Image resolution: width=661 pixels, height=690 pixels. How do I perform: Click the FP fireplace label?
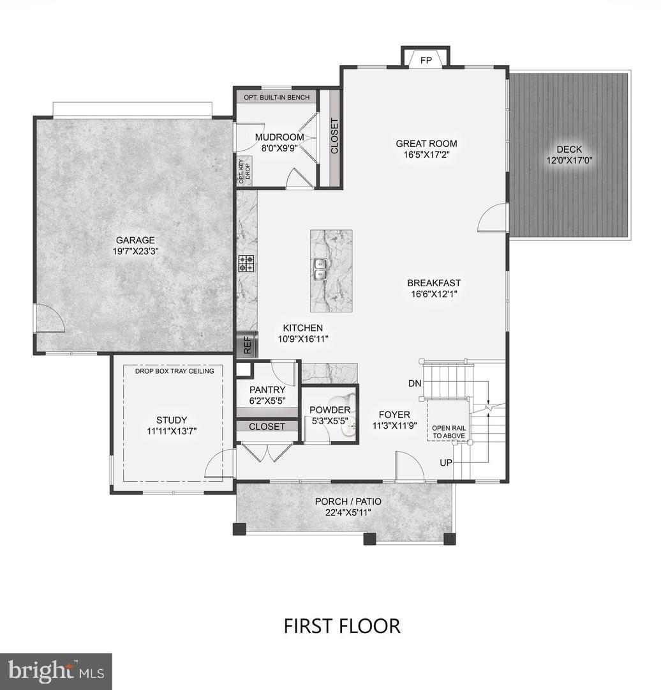coord(426,61)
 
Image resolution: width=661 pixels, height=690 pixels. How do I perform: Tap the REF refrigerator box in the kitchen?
coord(248,346)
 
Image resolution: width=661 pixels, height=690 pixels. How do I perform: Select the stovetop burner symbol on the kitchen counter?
coord(247,264)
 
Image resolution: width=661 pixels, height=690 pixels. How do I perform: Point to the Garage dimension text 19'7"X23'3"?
coord(134,251)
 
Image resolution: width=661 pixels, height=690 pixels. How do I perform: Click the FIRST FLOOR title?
coord(342,625)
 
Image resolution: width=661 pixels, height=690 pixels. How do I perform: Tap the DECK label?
coord(568,149)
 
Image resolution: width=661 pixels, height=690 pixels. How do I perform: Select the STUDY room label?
coord(172,420)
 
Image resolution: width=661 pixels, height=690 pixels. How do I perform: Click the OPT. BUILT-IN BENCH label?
coord(276,98)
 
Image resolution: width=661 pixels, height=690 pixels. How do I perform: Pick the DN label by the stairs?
coord(415,383)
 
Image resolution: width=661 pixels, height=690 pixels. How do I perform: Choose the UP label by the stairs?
coord(446,462)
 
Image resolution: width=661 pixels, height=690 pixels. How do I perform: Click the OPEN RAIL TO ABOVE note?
coord(449,432)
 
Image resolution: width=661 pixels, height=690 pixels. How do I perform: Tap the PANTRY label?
coord(267,390)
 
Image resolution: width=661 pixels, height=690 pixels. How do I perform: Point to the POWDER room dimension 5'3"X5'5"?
coord(329,422)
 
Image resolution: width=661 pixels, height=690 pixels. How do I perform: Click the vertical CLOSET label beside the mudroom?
coord(334,136)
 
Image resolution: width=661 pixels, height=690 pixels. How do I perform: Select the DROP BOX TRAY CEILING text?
coord(174,371)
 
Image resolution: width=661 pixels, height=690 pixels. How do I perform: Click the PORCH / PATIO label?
coord(343,501)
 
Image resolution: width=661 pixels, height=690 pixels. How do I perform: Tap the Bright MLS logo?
coord(56,671)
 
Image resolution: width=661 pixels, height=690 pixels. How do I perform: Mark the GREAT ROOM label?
coord(426,144)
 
